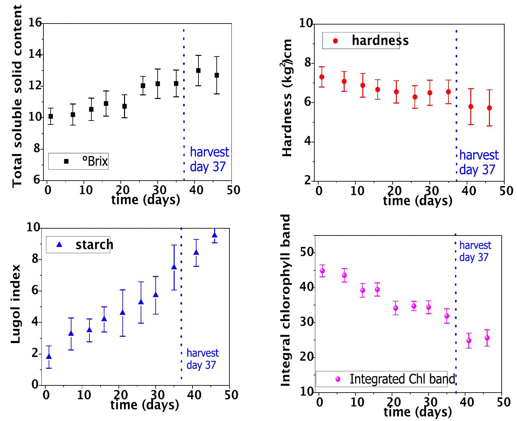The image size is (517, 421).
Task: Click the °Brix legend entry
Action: [78, 161]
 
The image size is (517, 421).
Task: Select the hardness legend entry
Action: [361, 40]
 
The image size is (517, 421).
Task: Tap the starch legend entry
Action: [78, 245]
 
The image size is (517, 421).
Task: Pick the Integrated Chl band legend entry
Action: [381, 379]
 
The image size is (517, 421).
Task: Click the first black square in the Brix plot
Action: [51, 116]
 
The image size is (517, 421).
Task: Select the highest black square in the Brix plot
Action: [198, 71]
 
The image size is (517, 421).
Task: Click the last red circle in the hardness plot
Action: [489, 108]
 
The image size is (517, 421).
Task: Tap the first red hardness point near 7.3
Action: [321, 77]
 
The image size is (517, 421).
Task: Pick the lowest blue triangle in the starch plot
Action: [49, 357]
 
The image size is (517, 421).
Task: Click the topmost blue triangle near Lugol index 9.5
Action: [214, 235]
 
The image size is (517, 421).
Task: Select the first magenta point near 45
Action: [322, 271]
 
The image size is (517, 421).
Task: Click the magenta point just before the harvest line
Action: [447, 316]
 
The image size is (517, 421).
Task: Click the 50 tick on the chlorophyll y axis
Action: [306, 253]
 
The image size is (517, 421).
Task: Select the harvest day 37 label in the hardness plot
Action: [478, 162]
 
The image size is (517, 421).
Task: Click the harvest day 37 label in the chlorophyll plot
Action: [475, 251]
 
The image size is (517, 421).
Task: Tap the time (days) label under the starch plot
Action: [145, 405]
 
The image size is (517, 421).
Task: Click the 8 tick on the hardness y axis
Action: [308, 63]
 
